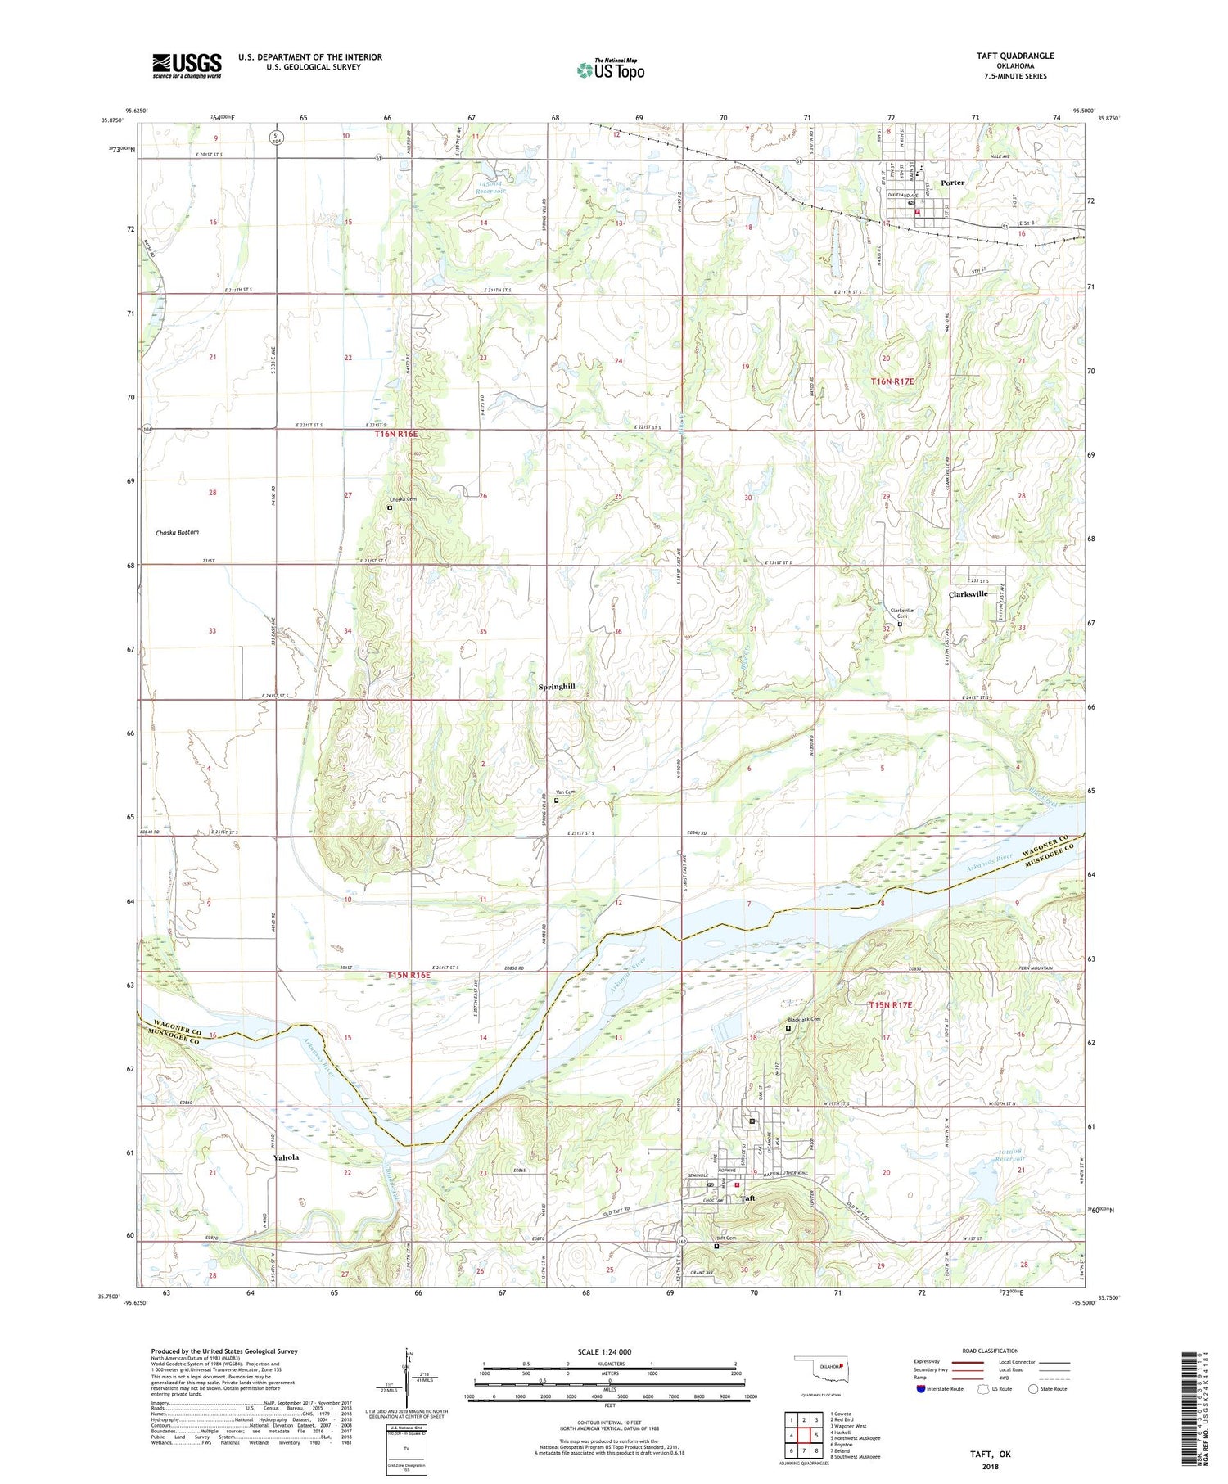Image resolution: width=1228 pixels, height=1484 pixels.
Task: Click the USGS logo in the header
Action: pos(187,65)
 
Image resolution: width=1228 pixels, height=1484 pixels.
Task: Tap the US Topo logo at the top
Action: pos(610,70)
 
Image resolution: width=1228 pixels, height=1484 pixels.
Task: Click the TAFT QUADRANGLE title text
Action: pos(1014,56)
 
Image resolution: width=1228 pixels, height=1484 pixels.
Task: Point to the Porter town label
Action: pos(952,183)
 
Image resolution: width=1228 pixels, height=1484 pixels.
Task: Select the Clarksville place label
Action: pos(968,594)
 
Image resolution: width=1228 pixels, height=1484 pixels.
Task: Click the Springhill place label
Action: pos(557,687)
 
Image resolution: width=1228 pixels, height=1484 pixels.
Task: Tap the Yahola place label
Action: pos(287,1157)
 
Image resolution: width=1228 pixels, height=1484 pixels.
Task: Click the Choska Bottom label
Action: pos(178,533)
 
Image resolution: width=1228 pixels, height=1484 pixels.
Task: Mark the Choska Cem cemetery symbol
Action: pos(390,507)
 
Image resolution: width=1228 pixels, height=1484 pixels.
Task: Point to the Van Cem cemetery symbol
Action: pos(556,801)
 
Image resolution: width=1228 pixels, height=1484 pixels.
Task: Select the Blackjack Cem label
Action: pos(803,1020)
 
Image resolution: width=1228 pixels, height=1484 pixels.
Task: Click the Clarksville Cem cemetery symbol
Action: pos(900,625)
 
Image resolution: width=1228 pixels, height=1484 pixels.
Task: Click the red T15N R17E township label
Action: pos(890,1005)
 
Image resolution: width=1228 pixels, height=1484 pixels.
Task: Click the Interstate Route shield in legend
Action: pos(922,1389)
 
